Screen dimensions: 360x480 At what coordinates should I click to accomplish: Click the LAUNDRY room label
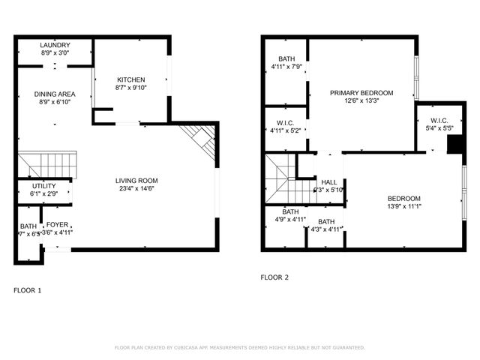coord(55,45)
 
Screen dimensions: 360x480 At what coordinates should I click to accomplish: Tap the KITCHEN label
coord(130,80)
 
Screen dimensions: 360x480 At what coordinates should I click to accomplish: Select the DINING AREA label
coord(55,94)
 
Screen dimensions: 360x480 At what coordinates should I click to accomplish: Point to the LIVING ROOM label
coord(136,181)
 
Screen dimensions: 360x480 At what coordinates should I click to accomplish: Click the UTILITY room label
coord(44,186)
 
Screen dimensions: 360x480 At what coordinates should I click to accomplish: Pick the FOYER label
coord(58,225)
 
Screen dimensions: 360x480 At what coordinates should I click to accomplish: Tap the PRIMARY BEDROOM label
coord(362,93)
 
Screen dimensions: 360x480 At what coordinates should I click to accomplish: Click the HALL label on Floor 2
coord(329,182)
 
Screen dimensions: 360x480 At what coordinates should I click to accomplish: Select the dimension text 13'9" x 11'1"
coord(405,206)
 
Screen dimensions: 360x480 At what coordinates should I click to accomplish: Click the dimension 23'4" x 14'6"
coord(136,189)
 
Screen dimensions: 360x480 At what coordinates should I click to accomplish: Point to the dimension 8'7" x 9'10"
coord(130,88)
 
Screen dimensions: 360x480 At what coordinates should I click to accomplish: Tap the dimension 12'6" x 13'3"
coord(362,101)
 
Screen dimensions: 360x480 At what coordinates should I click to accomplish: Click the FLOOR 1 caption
coord(27,290)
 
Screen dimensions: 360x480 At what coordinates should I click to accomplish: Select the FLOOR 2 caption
coord(274,277)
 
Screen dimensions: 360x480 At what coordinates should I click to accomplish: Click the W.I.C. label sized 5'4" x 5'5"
coord(439,121)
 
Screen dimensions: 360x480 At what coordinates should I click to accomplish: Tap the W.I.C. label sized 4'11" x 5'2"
coord(285,123)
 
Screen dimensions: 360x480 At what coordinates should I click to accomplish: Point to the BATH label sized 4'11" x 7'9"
coord(286,59)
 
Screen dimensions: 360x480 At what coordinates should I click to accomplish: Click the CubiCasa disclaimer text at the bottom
coord(240,348)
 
